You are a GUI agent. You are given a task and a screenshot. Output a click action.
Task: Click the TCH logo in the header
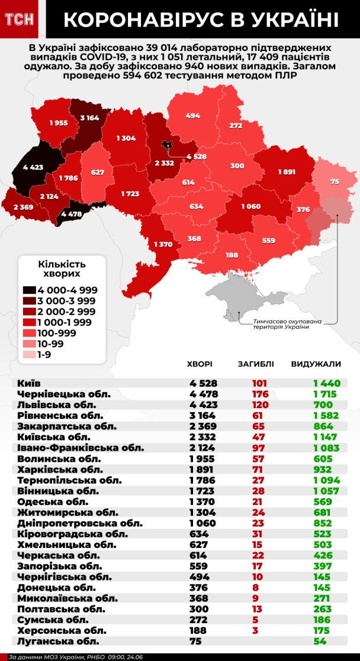coord(19,20)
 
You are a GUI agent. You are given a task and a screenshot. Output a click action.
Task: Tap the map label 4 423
coord(34,168)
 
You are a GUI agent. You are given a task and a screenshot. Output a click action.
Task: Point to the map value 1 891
coord(287,172)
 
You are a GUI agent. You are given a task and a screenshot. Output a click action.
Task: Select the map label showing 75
coord(335,182)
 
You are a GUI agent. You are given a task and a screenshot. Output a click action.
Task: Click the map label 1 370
coord(163,245)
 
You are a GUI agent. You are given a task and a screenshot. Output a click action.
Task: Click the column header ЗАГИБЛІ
coord(255,364)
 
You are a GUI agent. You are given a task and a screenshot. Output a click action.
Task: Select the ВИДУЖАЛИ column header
coord(316,364)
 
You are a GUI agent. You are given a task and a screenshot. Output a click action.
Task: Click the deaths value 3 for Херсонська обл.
coord(255,630)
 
